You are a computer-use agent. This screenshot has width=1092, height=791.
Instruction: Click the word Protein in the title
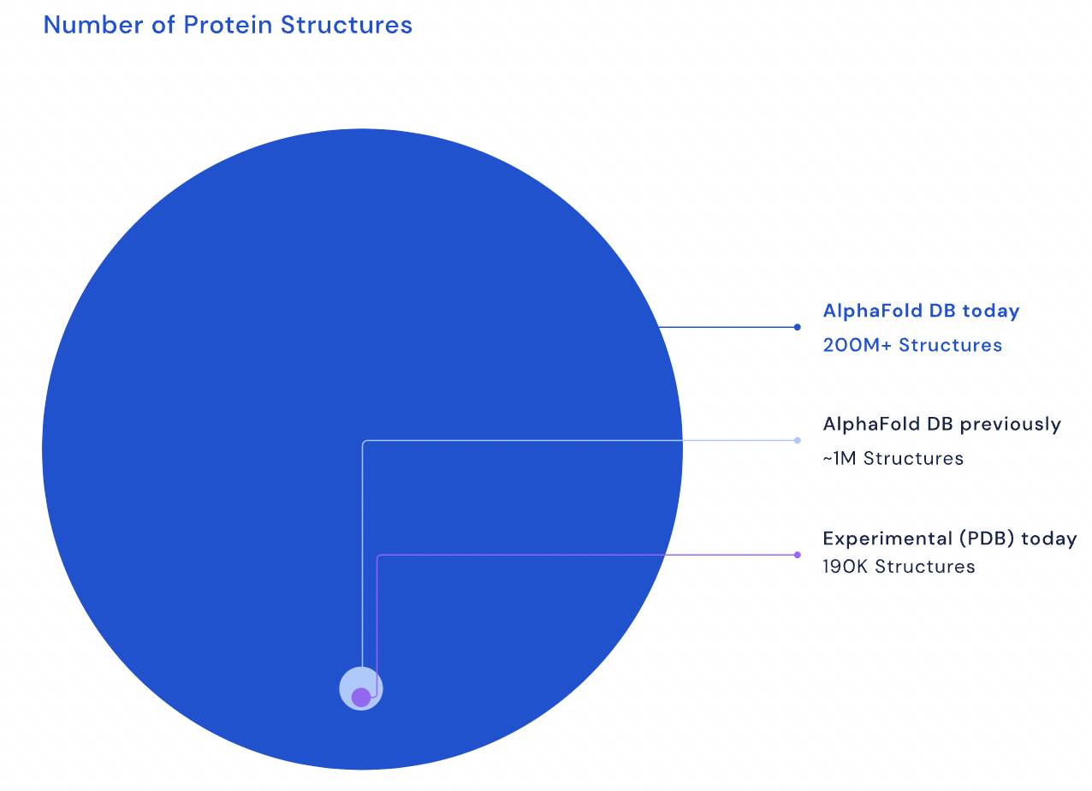228,25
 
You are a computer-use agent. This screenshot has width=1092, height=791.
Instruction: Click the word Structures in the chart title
347,25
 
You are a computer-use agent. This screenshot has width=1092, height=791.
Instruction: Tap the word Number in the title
93,25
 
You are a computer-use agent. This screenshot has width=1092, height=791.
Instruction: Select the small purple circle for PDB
361,698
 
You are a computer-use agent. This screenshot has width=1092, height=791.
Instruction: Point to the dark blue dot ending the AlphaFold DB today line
797,327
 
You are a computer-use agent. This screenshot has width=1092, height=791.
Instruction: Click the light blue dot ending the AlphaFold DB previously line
797,440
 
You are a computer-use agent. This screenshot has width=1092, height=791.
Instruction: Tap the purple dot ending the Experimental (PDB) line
797,555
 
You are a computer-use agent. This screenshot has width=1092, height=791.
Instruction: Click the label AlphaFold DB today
921,311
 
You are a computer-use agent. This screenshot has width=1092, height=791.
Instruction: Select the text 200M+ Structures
912,345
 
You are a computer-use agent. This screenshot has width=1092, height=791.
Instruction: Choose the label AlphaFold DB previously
942,425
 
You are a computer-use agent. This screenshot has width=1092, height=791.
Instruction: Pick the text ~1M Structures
893,458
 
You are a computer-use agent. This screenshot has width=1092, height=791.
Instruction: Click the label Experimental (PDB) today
950,538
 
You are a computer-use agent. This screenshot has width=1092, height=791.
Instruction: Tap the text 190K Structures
899,567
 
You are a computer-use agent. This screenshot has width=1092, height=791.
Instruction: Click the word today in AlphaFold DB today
991,312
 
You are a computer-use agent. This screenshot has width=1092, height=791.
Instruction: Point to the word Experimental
887,538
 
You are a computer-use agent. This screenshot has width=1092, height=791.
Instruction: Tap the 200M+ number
858,345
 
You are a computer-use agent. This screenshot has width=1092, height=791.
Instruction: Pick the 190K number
846,567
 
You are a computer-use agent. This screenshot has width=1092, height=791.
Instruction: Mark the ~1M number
840,458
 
